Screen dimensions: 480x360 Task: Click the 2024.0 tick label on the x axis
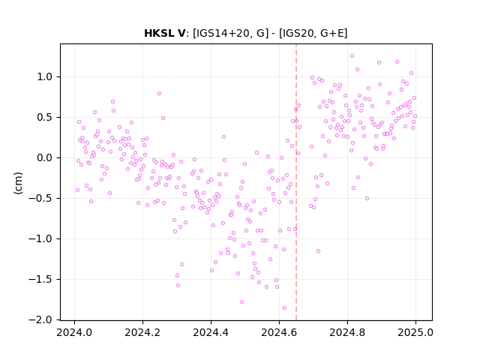[x=74, y=332]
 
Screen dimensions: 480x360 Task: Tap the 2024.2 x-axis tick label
[x=142, y=332]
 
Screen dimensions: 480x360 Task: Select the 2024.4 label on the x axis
[x=211, y=332]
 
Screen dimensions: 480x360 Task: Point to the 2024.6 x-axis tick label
[x=279, y=332]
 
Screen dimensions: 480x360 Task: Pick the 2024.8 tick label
[x=347, y=332]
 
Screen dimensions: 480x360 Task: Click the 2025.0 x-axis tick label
[x=415, y=332]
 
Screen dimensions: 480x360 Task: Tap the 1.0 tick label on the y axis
[x=45, y=76]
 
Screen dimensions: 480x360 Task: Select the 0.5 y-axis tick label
[x=45, y=118]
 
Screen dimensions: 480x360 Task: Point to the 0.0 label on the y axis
[x=45, y=158]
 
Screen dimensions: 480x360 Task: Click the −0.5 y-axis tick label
[x=40, y=198]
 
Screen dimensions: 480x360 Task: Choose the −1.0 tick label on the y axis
[x=40, y=238]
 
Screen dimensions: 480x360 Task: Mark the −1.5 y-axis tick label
[x=40, y=280]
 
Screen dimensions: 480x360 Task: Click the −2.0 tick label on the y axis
[x=40, y=320]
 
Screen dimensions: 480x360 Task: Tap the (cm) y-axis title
[x=18, y=183]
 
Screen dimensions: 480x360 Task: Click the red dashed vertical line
[x=296, y=182]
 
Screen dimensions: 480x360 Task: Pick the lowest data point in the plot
[x=284, y=308]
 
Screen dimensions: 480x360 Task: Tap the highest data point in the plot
[x=352, y=56]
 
